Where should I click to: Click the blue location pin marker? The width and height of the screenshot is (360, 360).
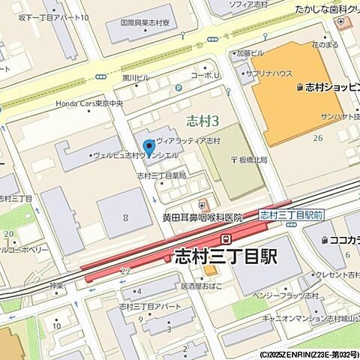[148, 147]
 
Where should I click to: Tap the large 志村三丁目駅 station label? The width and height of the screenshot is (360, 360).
[226, 256]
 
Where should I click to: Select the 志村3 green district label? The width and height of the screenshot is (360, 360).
[202, 120]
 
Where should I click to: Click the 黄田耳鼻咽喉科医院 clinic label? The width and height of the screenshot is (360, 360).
[202, 217]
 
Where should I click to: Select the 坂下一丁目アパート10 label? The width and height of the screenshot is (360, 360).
[53, 17]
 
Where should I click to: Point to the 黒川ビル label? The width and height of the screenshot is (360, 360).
[136, 77]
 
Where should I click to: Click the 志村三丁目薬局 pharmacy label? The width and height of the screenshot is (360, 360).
[161, 175]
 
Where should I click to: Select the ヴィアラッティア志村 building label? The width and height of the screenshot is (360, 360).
[188, 141]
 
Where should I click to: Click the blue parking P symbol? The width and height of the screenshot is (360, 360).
[178, 88]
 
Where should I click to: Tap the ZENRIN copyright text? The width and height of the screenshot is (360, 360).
[310, 354]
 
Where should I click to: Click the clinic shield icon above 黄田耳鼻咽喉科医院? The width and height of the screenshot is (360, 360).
[202, 203]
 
